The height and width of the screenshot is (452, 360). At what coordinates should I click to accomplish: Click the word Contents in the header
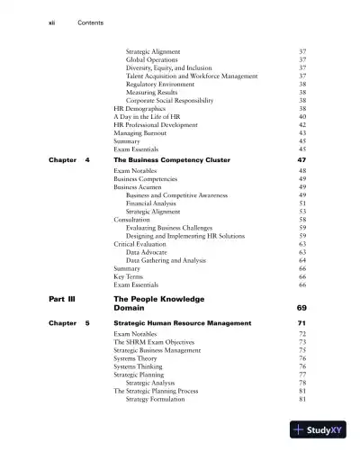pos(92,21)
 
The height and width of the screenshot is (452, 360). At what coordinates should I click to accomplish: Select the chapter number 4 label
pos(87,159)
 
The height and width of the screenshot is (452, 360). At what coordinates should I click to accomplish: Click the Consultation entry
pos(132,219)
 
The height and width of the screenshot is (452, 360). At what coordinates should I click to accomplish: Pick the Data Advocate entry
pos(150,252)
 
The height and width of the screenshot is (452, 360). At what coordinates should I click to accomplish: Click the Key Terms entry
pos(129,276)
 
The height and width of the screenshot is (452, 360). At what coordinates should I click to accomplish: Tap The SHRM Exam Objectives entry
pos(152,342)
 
